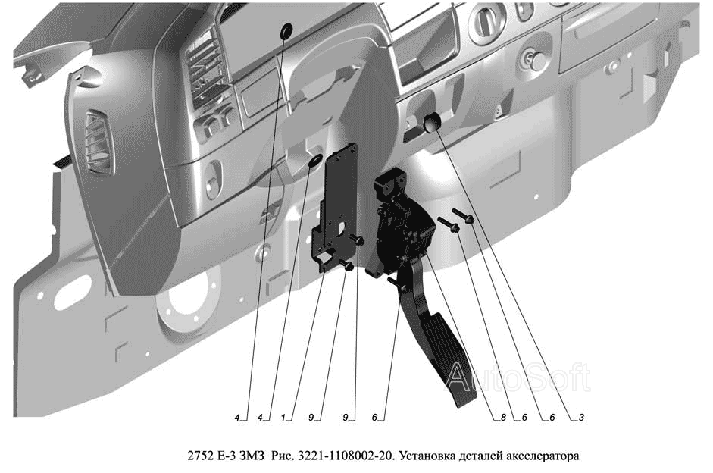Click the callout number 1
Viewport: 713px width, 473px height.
(283, 417)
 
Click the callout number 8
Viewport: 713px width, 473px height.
(503, 417)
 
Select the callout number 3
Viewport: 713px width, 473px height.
(581, 417)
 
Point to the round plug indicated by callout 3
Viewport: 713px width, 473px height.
(433, 123)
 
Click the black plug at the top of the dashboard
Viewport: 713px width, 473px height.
(286, 31)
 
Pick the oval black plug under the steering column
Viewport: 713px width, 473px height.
(315, 161)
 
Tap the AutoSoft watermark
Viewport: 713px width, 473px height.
(518, 377)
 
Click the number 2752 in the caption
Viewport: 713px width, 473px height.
(200, 456)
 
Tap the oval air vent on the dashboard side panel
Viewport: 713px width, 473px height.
(99, 143)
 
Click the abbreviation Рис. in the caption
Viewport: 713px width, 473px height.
(282, 456)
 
